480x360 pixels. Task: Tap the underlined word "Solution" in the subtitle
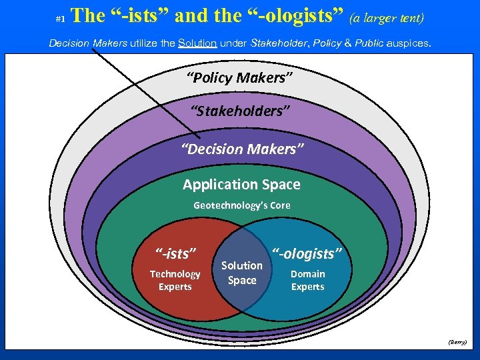click(197, 43)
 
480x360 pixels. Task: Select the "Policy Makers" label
click(240, 77)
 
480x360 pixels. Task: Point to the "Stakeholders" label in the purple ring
click(240, 111)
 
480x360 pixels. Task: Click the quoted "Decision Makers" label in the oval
click(242, 148)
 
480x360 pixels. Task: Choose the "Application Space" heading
click(241, 184)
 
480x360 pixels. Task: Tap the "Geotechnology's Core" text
click(241, 205)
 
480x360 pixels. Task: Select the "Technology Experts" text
click(175, 280)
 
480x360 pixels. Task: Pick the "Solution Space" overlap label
click(242, 273)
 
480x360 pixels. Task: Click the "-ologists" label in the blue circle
click(307, 253)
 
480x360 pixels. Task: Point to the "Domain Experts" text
click(307, 280)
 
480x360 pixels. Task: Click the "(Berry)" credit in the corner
click(457, 341)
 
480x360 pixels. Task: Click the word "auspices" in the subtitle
click(407, 43)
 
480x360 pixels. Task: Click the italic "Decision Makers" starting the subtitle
click(88, 43)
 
